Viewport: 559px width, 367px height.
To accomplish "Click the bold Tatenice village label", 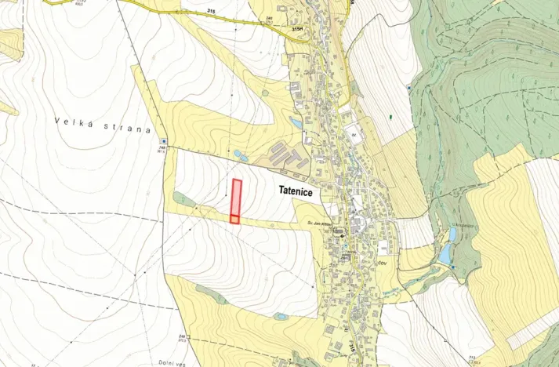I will coord(303,191).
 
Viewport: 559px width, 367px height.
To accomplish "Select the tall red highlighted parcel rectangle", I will coord(236,197).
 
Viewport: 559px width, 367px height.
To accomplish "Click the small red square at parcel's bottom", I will coord(234,219).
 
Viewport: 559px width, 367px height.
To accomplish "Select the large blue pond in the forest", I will coord(445,253).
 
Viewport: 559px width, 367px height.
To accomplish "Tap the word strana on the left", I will coord(125,128).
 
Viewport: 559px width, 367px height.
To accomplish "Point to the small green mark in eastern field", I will coord(390,117).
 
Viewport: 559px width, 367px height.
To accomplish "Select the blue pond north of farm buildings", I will coord(296,123).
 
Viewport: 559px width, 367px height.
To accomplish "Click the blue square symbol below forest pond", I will coord(454,268).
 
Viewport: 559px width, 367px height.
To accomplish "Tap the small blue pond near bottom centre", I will coord(281,316).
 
